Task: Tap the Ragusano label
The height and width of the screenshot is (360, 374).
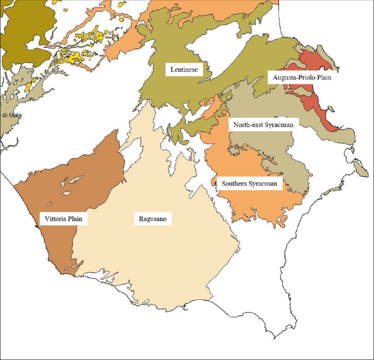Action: click(x=152, y=219)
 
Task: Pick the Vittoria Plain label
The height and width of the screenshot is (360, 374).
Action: click(x=64, y=219)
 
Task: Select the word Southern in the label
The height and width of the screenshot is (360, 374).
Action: click(x=235, y=184)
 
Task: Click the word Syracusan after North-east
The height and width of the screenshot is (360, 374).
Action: click(x=280, y=125)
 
